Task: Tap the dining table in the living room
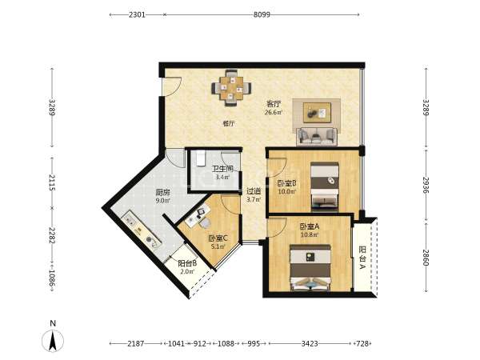232,88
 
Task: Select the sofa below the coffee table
317,136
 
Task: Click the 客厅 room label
273,104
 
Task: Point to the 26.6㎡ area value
274,112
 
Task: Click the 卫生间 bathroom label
223,169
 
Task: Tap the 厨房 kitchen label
162,193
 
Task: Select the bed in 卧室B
325,186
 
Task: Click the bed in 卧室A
310,267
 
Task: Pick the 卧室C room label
218,238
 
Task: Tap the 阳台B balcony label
187,263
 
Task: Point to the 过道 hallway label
254,191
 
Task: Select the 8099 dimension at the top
262,14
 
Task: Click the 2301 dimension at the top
137,14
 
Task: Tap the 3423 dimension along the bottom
310,343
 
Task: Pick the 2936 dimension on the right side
426,185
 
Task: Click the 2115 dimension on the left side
52,182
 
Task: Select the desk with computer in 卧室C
198,216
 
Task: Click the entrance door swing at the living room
171,86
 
